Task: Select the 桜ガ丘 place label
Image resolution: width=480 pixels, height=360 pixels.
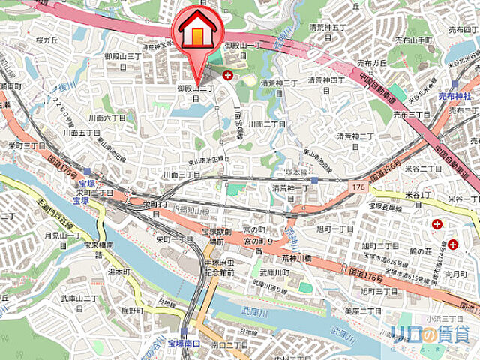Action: pos(46,40)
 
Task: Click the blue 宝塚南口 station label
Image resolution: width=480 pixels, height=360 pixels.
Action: pos(184,342)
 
